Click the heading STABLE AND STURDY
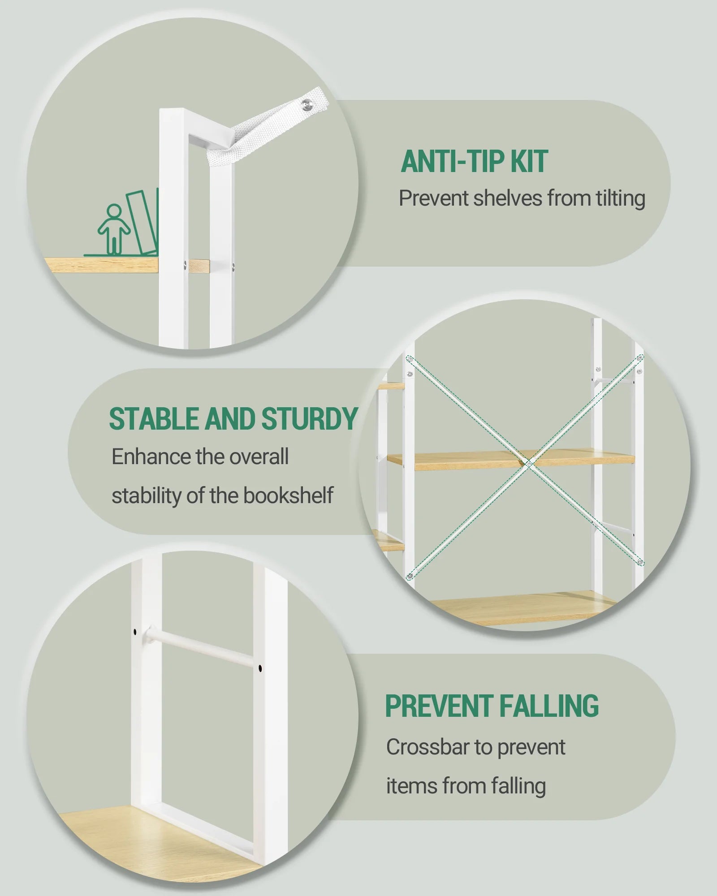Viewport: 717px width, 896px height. (x=233, y=418)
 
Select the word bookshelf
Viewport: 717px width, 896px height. (x=288, y=495)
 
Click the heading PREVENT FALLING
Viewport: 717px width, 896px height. (x=492, y=706)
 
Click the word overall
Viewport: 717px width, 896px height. (x=259, y=457)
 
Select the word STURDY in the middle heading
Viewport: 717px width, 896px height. (x=310, y=418)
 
